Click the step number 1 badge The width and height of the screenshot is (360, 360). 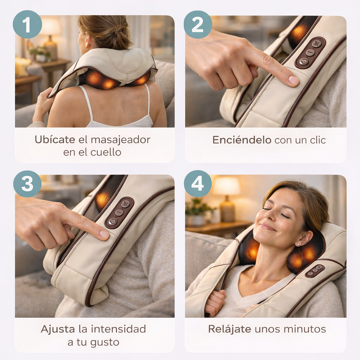click(x=27, y=24)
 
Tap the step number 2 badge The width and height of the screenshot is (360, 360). click(x=198, y=24)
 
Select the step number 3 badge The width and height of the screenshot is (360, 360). click(x=27, y=184)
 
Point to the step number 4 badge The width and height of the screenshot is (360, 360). click(x=198, y=184)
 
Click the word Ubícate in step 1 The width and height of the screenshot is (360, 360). click(x=55, y=140)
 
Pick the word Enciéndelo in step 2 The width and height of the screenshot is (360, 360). click(x=242, y=140)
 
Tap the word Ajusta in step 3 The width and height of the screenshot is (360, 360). click(x=58, y=329)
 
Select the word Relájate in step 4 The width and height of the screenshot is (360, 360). click(x=229, y=329)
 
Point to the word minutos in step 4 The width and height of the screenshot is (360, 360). click(x=305, y=329)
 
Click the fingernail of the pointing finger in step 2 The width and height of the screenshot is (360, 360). click(x=293, y=80)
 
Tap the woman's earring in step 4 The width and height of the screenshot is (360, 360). click(x=298, y=245)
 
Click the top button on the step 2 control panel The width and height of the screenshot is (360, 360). click(x=317, y=43)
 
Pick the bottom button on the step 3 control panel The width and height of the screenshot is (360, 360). click(x=113, y=222)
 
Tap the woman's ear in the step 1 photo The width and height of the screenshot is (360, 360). click(x=88, y=39)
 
